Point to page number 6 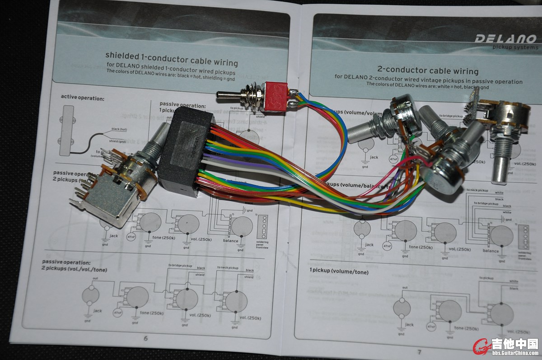145,338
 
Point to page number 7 419,351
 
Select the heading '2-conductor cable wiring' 427,71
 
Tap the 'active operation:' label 83,97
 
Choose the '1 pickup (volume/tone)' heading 339,272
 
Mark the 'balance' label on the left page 230,241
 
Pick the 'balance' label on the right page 491,251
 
